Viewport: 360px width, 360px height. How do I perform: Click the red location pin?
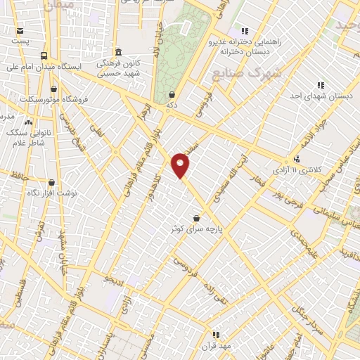181,165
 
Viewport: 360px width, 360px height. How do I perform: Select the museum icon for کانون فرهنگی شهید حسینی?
118,53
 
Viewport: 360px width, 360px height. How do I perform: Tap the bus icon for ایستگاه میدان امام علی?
44,56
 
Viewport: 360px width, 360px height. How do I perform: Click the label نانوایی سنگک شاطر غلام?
28,136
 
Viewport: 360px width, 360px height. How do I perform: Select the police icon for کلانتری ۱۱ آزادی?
297,159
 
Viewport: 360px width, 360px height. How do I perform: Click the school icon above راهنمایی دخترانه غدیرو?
244,31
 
